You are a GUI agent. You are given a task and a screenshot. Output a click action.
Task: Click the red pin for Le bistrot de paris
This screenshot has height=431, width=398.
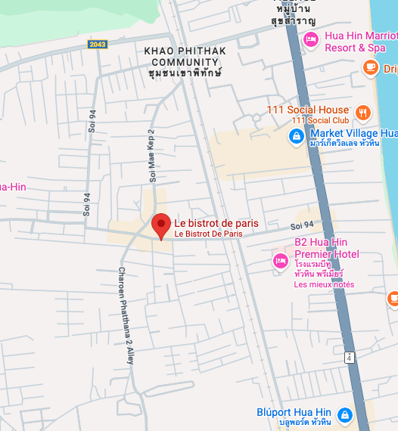[x=160, y=225]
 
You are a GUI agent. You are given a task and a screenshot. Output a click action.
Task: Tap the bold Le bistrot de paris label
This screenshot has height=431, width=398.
[x=216, y=223]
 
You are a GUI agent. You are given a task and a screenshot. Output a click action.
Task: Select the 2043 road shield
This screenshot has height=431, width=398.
[x=98, y=45]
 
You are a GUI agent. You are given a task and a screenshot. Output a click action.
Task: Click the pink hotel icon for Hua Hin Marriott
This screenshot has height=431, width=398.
[x=310, y=39]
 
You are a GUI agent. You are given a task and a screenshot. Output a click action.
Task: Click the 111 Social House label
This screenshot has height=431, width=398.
[x=308, y=110]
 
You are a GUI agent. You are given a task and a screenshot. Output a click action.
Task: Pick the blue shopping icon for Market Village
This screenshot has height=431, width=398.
[x=296, y=137]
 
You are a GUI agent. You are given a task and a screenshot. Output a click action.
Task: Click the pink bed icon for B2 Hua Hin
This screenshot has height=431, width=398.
[x=280, y=261]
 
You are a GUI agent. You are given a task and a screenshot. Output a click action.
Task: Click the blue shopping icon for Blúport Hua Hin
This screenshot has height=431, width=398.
[x=344, y=415]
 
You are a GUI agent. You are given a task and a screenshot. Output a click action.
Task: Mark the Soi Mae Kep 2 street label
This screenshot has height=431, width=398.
[x=151, y=160]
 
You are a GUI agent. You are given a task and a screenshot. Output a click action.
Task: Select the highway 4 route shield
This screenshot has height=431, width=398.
[x=348, y=357]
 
